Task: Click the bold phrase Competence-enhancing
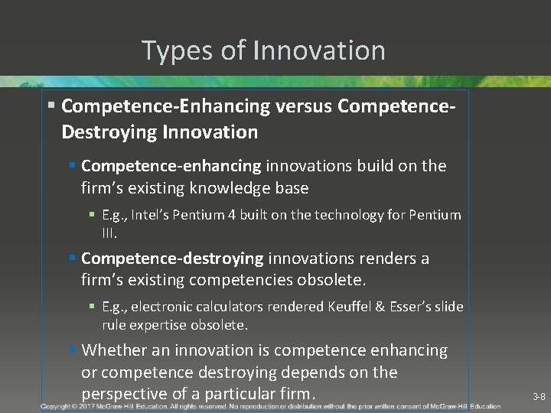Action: click(171, 166)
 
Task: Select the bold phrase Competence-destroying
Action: click(172, 259)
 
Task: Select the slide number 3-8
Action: click(539, 397)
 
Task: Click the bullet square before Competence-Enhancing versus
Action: click(51, 105)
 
